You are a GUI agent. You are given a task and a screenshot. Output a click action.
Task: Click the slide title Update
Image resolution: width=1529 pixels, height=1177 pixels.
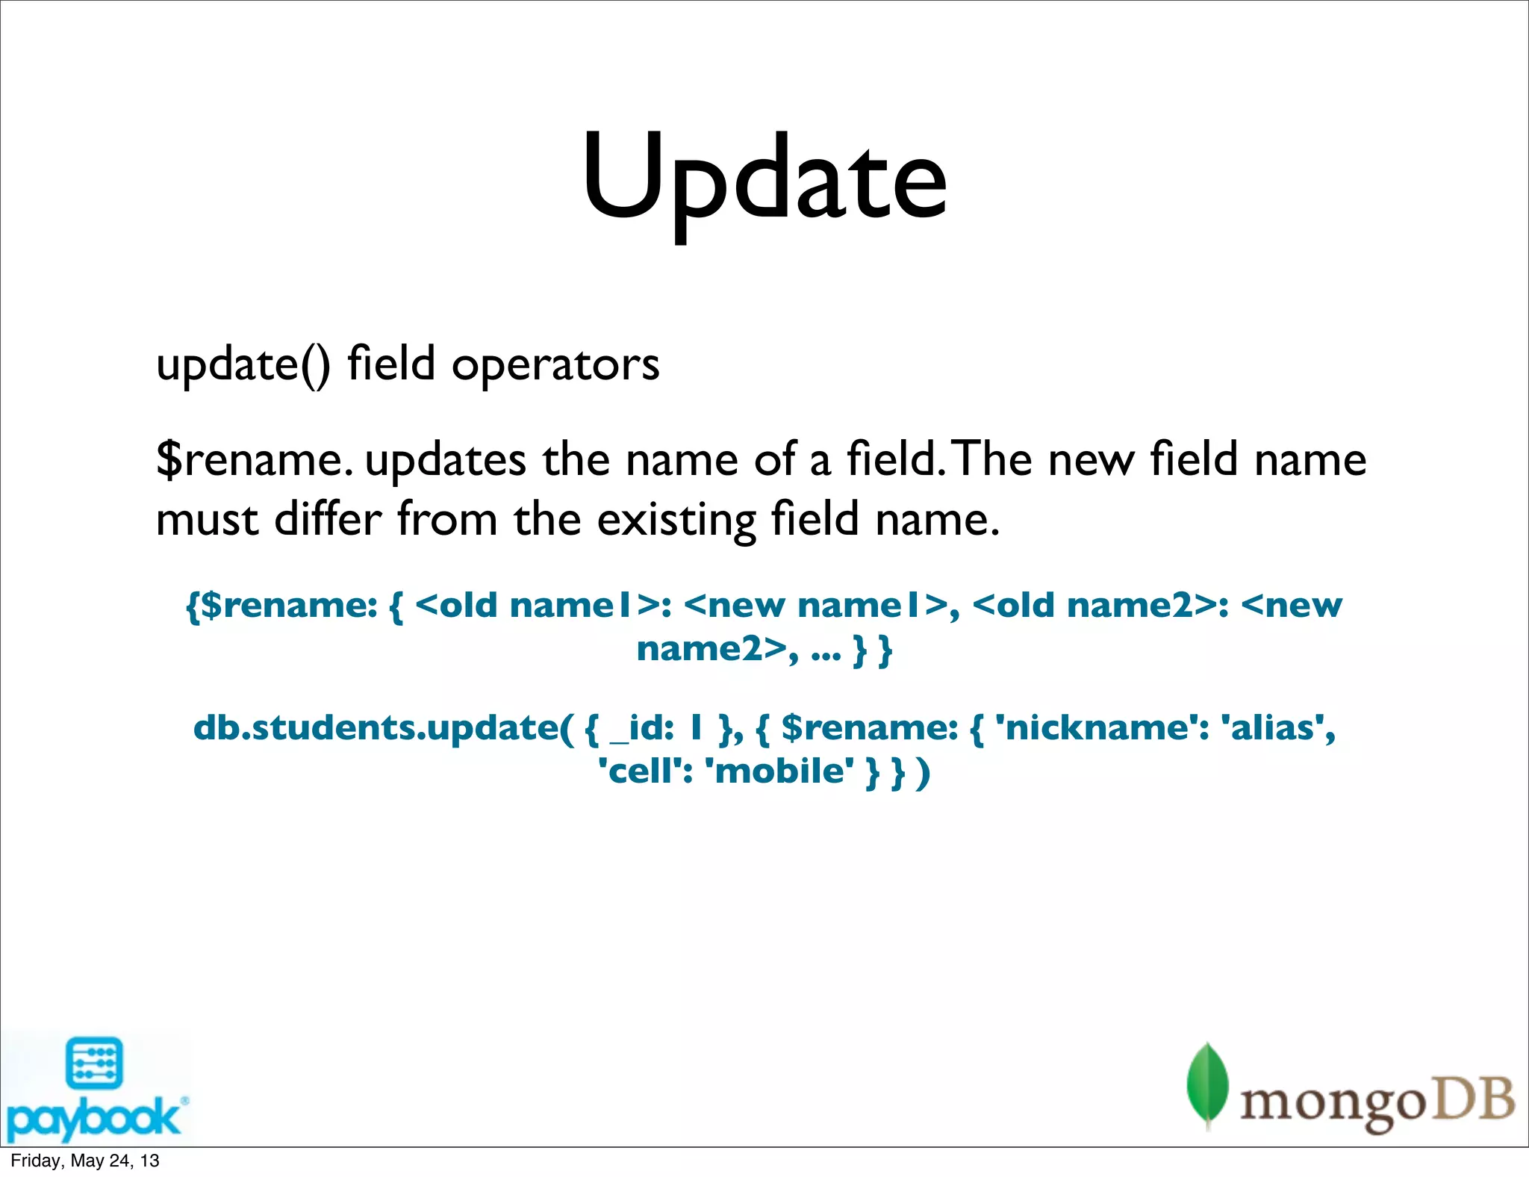tap(764, 179)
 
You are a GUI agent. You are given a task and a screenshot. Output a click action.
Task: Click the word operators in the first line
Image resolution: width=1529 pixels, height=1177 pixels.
tap(555, 364)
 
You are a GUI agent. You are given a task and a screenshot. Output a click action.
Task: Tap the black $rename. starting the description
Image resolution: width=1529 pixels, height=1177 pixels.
tap(254, 459)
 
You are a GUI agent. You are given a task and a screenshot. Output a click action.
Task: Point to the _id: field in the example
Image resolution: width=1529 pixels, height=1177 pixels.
tap(643, 727)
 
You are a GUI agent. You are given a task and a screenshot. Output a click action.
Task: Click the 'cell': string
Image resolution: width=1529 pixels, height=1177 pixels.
tap(647, 771)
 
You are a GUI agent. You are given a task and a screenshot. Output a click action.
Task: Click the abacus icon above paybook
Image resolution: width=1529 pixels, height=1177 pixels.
tap(94, 1063)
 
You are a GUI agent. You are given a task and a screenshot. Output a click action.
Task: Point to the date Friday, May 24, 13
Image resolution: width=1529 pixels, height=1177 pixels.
tap(85, 1161)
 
